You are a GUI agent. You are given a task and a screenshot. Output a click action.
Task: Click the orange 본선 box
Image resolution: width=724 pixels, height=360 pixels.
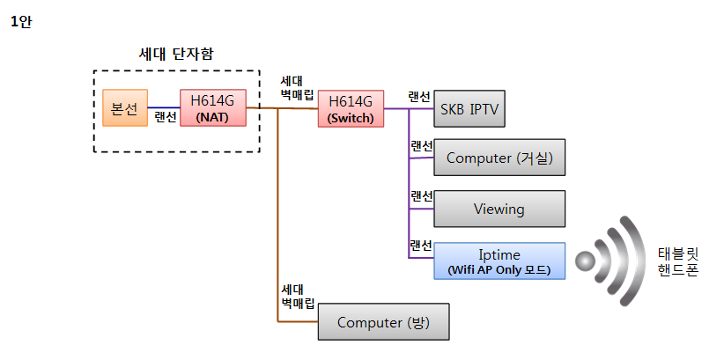click(x=124, y=107)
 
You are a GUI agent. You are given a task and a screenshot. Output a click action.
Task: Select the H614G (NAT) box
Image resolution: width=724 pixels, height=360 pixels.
click(x=214, y=107)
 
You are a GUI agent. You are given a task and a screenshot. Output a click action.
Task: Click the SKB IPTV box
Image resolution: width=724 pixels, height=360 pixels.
click(x=474, y=110)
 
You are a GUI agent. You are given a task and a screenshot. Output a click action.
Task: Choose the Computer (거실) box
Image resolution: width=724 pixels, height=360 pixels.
click(x=499, y=158)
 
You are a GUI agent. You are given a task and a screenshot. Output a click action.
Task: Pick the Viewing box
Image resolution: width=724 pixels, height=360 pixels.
click(x=499, y=209)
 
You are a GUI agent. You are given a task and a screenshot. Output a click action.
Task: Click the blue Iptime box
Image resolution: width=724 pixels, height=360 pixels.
click(x=499, y=261)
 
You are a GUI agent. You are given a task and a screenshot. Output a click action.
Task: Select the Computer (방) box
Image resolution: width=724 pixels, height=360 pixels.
click(x=382, y=323)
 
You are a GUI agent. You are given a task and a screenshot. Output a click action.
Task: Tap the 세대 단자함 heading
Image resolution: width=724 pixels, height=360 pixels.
click(x=176, y=55)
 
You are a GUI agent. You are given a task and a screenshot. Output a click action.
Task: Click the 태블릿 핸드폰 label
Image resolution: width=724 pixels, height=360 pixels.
click(x=677, y=261)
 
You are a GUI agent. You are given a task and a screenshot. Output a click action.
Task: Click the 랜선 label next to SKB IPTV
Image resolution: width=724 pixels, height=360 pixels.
click(x=419, y=96)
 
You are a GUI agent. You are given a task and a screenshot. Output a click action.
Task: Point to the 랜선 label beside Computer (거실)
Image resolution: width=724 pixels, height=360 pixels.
click(x=422, y=146)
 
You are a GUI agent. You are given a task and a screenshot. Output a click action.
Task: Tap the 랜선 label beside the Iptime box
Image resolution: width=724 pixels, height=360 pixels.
click(x=420, y=245)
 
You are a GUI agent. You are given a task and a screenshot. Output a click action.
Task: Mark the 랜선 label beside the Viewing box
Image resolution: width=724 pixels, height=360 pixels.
click(x=422, y=196)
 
